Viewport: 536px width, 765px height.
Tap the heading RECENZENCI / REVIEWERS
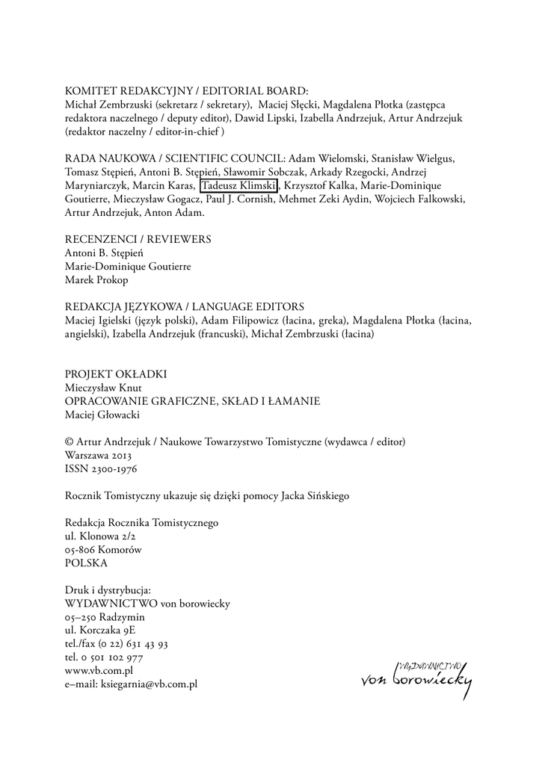click(138, 239)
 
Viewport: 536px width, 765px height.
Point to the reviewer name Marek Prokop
click(96, 279)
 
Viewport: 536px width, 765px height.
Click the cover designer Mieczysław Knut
click(103, 388)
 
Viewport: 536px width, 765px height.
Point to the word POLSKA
click(87, 563)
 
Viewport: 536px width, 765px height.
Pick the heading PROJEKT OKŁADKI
click(116, 374)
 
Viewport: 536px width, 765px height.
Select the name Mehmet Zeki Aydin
click(321, 199)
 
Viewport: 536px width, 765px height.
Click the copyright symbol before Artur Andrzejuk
click(70, 442)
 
